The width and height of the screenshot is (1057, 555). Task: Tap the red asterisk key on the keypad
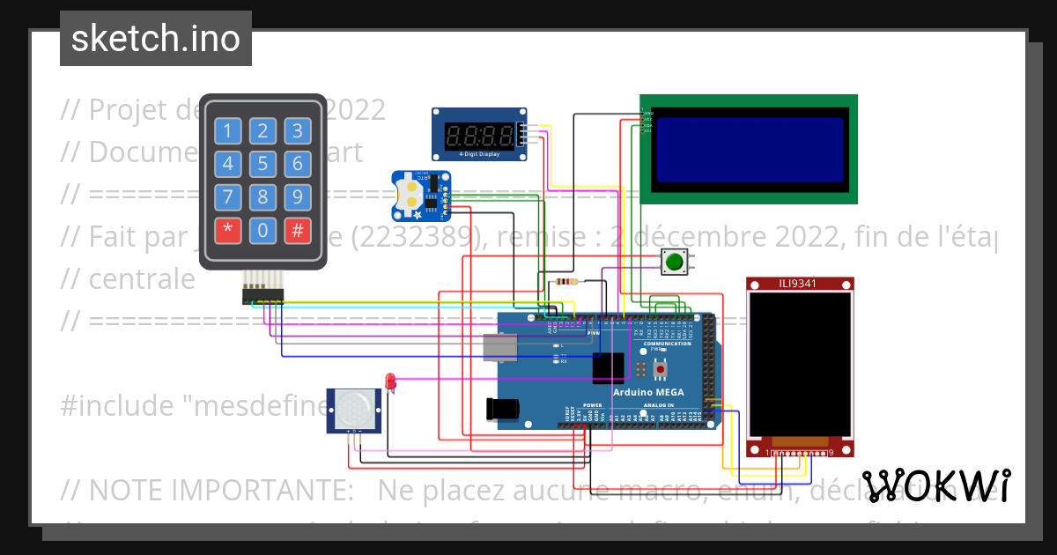click(227, 232)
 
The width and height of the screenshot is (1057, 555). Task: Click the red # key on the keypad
click(298, 232)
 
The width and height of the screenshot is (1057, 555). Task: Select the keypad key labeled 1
click(227, 132)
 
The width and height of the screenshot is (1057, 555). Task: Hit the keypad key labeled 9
click(298, 196)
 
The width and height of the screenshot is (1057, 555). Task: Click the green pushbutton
click(675, 262)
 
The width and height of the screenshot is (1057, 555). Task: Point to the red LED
click(390, 381)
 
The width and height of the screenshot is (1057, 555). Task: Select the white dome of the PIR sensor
click(354, 407)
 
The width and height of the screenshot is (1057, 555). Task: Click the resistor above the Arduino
click(564, 283)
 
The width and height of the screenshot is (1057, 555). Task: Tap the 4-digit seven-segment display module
click(479, 135)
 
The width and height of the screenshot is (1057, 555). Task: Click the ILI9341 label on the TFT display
click(800, 284)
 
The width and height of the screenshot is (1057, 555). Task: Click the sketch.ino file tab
click(156, 39)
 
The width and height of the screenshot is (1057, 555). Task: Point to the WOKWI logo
click(936, 485)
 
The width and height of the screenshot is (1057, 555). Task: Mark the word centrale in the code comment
click(142, 278)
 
